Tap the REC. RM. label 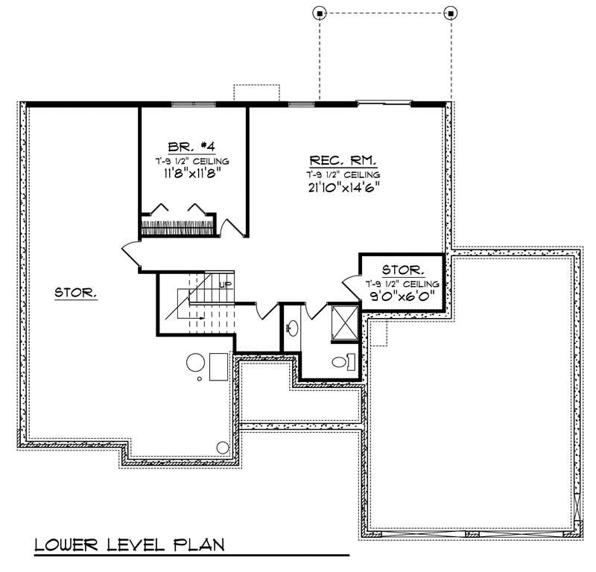click(x=343, y=161)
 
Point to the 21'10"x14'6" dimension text click(x=343, y=186)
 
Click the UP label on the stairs click(x=223, y=284)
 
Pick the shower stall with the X click(x=342, y=322)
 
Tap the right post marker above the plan click(x=450, y=13)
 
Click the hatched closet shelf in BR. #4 click(x=178, y=226)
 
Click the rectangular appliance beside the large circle click(x=218, y=366)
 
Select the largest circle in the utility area click(x=194, y=363)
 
